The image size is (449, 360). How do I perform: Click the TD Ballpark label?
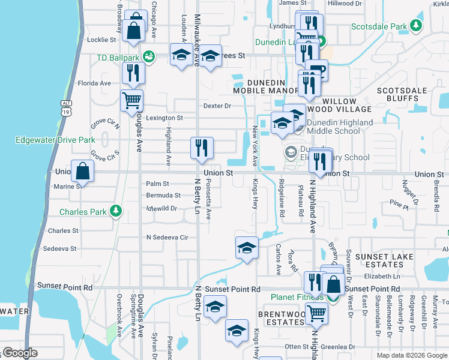pyautogui.click(x=118, y=58)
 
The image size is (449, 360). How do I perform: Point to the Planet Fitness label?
pyautogui.click(x=297, y=297)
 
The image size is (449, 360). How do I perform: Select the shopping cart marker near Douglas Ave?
pyautogui.click(x=131, y=101)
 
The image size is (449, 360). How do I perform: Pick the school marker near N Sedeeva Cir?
pyautogui.click(x=246, y=248)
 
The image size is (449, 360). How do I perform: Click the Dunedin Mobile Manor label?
pyautogui.click(x=267, y=85)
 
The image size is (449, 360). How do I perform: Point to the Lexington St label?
pyautogui.click(x=164, y=118)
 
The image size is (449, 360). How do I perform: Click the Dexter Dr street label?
pyautogui.click(x=217, y=106)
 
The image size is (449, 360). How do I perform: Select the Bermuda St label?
pyautogui.click(x=163, y=196)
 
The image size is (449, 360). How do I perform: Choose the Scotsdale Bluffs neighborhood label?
pyautogui.click(x=401, y=94)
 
